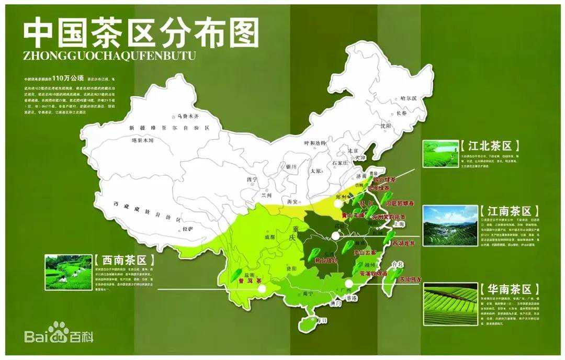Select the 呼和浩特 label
314,143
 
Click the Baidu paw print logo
59,330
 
